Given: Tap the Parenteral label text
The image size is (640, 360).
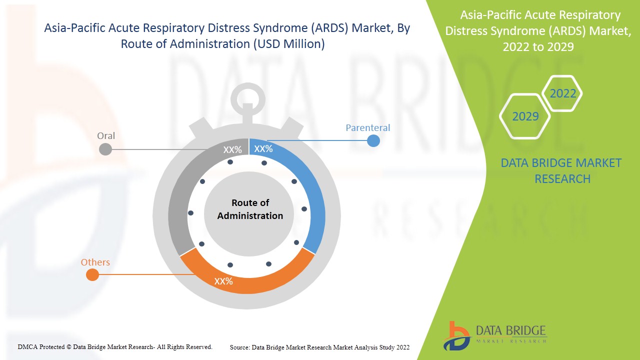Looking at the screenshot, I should point(367,128).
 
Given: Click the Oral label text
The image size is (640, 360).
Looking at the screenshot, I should point(106,136).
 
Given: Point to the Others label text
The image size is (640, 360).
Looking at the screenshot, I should point(95,262).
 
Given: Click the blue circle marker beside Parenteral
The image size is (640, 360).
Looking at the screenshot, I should point(373,141).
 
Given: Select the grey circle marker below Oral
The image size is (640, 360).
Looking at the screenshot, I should point(105,149).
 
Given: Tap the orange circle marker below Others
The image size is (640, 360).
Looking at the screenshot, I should point(92,274).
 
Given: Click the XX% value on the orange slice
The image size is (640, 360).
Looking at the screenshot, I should point(223,281).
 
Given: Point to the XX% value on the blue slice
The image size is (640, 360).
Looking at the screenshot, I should point(263,149).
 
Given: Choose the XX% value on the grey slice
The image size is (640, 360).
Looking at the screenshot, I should point(232,149).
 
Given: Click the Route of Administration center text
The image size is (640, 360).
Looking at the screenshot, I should point(250,209).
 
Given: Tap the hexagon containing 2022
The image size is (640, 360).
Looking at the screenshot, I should point(562,93).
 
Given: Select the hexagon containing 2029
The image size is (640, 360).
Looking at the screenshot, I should point(525,116).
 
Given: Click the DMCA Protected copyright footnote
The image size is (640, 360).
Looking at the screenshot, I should point(115,346).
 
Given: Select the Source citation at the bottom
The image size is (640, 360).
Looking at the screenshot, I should point(319,347).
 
